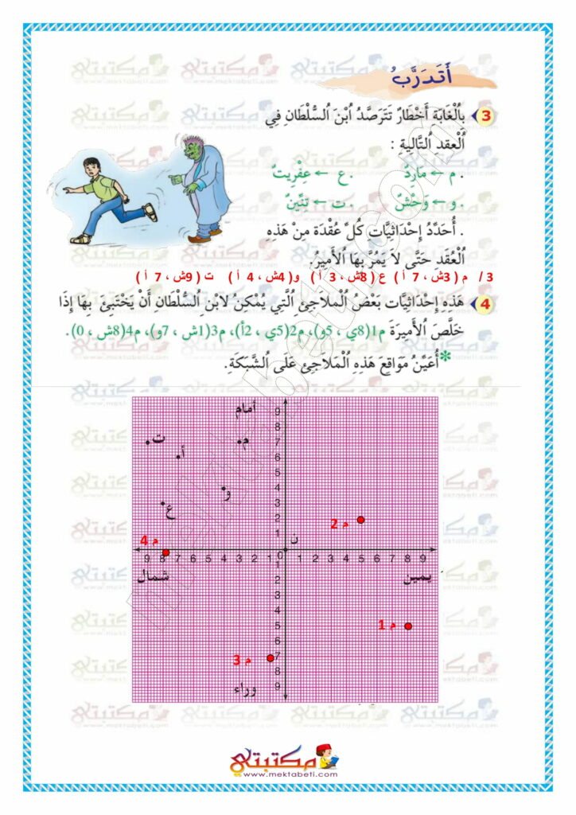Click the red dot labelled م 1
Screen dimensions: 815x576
(408, 626)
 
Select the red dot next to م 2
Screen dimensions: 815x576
(360, 520)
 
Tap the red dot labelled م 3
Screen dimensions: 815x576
(270, 657)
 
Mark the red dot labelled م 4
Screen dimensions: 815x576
(165, 552)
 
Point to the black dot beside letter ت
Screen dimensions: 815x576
(149, 442)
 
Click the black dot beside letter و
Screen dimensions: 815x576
(225, 489)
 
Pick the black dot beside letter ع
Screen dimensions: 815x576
(164, 503)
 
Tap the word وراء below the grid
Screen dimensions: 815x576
(243, 688)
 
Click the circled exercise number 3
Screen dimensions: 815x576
(487, 116)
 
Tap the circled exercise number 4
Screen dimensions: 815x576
(487, 305)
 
